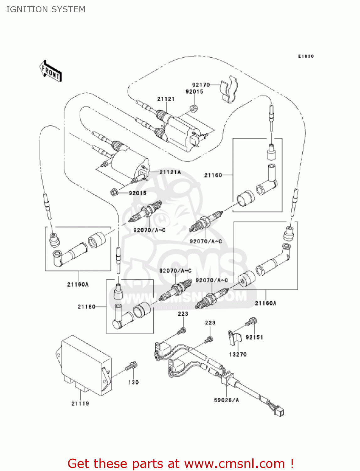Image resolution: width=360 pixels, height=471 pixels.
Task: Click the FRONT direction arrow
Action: [x=51, y=71]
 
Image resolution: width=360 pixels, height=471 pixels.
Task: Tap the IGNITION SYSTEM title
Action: [x=46, y=9]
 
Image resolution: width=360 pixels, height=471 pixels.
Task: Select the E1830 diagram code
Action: [x=306, y=56]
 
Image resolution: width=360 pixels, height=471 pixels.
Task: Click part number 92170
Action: [x=201, y=85]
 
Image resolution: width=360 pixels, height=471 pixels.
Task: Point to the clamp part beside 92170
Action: [x=229, y=89]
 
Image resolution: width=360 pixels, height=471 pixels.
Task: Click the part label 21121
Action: [x=166, y=99]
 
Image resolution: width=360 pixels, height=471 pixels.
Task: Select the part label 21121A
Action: [x=170, y=172]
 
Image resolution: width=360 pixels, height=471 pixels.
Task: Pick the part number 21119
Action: [x=80, y=403]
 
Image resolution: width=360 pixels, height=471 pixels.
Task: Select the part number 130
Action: [x=133, y=382]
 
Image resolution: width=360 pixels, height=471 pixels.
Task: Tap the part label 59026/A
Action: [x=226, y=400]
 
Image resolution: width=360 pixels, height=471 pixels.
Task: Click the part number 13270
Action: [x=238, y=354]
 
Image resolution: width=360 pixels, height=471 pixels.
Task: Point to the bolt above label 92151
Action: [x=251, y=322]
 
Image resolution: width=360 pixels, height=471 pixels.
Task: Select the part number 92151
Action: [x=254, y=337]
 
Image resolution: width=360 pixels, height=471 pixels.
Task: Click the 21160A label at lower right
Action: [x=266, y=303]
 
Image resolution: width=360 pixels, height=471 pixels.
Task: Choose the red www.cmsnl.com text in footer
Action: [x=234, y=463]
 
